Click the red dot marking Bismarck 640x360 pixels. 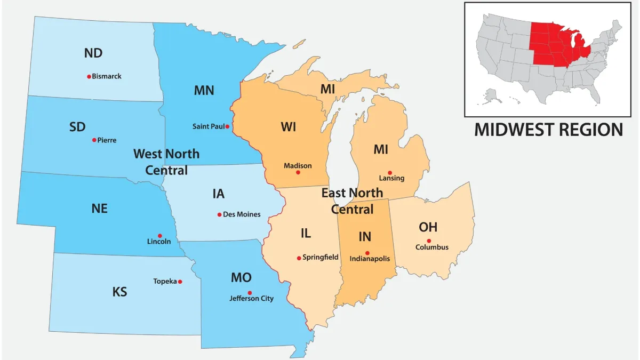click(x=89, y=76)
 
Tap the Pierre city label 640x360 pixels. click(x=107, y=140)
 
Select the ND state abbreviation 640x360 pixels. click(x=93, y=53)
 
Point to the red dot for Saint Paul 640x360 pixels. click(x=227, y=126)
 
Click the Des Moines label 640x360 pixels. click(x=242, y=214)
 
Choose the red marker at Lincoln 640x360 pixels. click(x=159, y=235)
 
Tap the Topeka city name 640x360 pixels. click(x=165, y=281)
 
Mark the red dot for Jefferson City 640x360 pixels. click(x=250, y=292)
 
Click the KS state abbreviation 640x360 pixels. click(x=120, y=292)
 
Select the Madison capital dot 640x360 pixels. click(x=298, y=172)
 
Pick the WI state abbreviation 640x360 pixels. click(x=288, y=127)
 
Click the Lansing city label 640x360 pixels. click(x=391, y=178)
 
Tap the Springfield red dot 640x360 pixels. click(x=299, y=258)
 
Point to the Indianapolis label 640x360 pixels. click(x=370, y=259)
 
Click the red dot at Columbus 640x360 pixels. click(x=429, y=241)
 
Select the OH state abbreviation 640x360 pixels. click(x=428, y=227)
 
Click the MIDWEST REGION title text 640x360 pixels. click(x=548, y=130)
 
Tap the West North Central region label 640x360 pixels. click(x=166, y=162)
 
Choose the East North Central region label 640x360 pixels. click(x=352, y=200)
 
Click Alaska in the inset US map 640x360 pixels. click(x=492, y=96)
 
